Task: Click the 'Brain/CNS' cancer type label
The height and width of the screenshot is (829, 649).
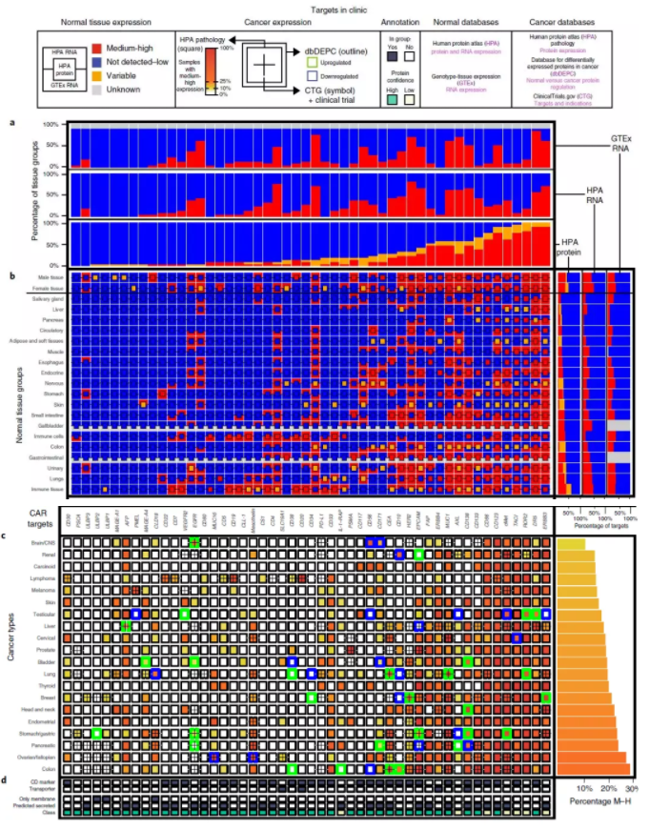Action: [x=46, y=542]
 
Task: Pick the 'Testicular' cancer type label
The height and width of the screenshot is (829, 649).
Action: [x=48, y=615]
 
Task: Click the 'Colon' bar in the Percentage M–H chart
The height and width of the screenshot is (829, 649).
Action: [x=592, y=768]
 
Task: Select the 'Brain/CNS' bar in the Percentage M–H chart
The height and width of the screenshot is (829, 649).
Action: [x=569, y=542]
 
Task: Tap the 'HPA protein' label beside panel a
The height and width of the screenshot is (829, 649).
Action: [x=572, y=246]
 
